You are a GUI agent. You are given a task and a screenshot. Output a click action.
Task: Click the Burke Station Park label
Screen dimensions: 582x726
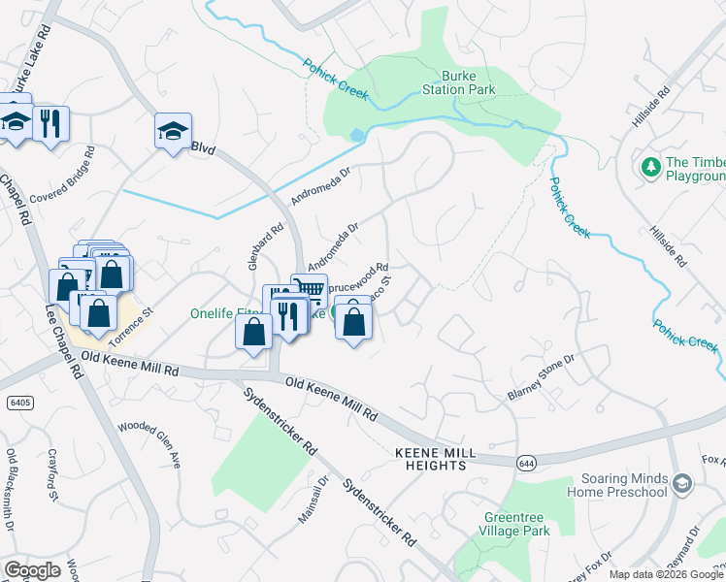click(468, 82)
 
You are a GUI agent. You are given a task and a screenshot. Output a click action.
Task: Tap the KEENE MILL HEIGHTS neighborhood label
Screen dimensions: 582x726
click(431, 459)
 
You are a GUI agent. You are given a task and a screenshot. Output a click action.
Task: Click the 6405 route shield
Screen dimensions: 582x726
click(16, 401)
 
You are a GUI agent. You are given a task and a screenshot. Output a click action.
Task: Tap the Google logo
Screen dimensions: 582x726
click(32, 570)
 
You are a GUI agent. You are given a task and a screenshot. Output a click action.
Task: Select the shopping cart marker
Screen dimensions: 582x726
click(309, 289)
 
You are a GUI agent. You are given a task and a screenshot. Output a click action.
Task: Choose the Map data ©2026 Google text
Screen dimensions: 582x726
click(667, 574)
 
